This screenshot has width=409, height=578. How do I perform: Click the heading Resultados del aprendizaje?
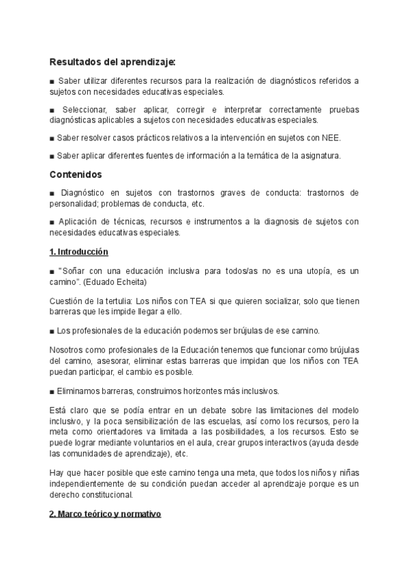112,62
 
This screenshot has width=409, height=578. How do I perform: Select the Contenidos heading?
76,174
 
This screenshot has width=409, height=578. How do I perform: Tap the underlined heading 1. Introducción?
79,252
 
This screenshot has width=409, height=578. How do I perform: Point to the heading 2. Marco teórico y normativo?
105,513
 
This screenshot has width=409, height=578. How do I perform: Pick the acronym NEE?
330,138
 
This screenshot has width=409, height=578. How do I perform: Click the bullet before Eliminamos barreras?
52,391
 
